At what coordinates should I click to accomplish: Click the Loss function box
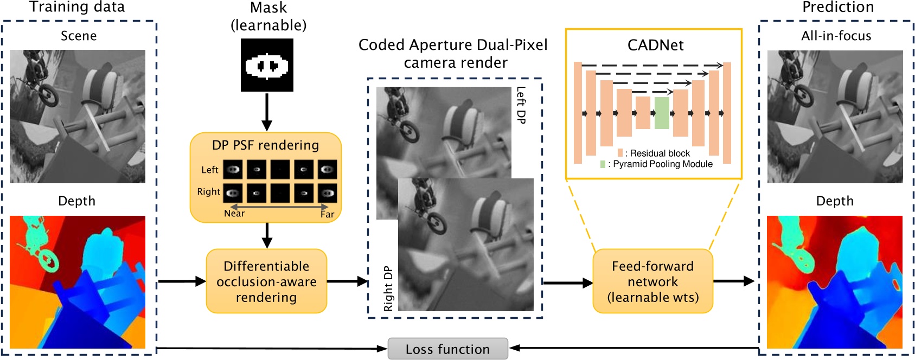tap(447, 349)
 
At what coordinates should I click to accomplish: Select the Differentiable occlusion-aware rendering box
tap(266, 281)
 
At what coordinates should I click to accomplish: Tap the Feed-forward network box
tap(652, 281)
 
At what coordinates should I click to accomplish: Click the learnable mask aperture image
tap(267, 65)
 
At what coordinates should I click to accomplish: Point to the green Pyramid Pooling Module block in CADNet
tap(662, 113)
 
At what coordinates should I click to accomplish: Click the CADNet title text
tap(655, 45)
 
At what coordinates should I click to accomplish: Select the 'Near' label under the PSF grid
tap(234, 214)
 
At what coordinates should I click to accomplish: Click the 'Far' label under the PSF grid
tap(327, 214)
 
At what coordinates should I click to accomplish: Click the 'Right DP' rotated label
tap(388, 288)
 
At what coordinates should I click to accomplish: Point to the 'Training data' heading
tap(77, 7)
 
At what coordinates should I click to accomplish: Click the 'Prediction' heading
tap(838, 7)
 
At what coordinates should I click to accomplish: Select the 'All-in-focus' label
tap(836, 36)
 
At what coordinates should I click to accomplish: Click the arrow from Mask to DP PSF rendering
tap(266, 112)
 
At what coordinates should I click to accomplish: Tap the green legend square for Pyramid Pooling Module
tap(603, 164)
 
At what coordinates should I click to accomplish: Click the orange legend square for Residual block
tap(620, 153)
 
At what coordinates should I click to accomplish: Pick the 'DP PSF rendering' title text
tap(265, 145)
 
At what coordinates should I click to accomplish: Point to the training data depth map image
tap(78, 282)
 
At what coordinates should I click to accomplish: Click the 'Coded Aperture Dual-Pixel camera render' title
tap(453, 53)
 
